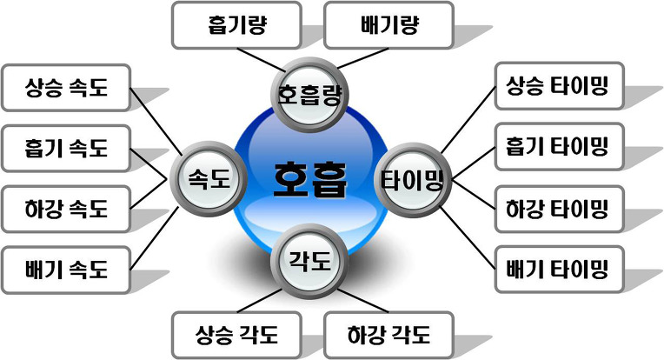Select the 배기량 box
pyautogui.click(x=389, y=24)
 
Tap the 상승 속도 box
pyautogui.click(x=66, y=88)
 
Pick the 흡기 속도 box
pyautogui.click(x=66, y=149)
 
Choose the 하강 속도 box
pyautogui.click(x=66, y=210)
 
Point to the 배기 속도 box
pyautogui.click(x=66, y=270)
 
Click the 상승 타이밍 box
pyautogui.click(x=560, y=86)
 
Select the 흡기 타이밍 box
pyautogui.click(x=560, y=148)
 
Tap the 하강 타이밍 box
pyautogui.click(x=560, y=209)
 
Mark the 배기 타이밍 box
pyautogui.click(x=560, y=269)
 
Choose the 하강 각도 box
pyautogui.click(x=388, y=334)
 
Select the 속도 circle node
pyautogui.click(x=208, y=179)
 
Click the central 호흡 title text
pyautogui.click(x=310, y=178)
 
